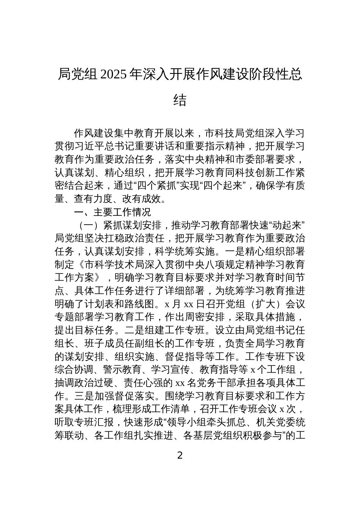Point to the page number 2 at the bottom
click(x=180, y=455)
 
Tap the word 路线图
click(x=141, y=304)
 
